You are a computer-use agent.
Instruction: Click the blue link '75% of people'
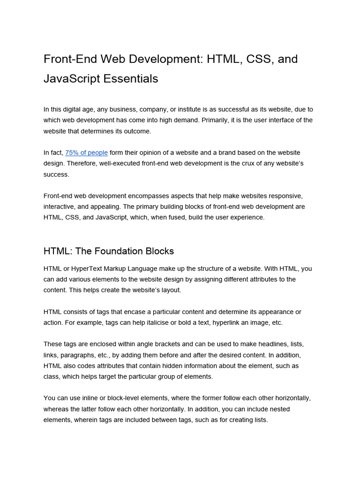pos(86,153)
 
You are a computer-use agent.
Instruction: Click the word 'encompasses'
pos(150,196)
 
